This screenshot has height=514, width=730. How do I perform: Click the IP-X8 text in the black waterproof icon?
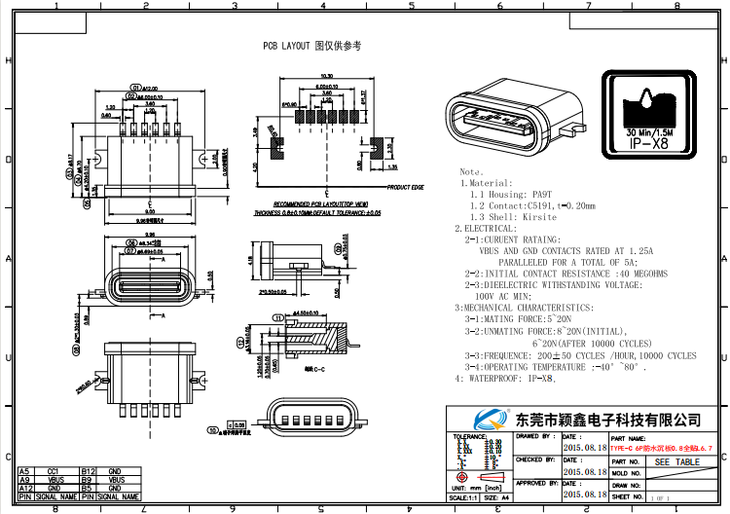pyautogui.click(x=649, y=144)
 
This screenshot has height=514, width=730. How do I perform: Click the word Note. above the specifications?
pyautogui.click(x=472, y=170)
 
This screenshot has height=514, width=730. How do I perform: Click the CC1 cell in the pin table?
pyautogui.click(x=54, y=471)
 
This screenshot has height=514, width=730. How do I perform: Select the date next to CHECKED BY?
pyautogui.click(x=585, y=470)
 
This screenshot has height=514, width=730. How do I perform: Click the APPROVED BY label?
pyautogui.click(x=537, y=483)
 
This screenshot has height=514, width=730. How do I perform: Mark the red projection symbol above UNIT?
pyautogui.click(x=465, y=477)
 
